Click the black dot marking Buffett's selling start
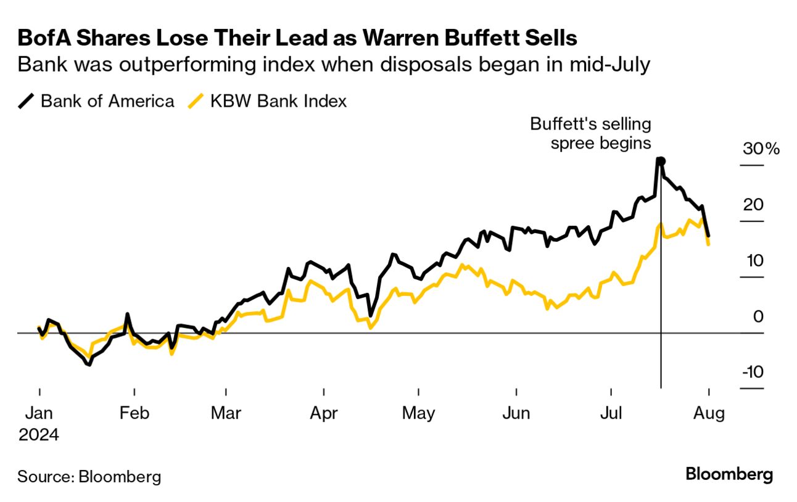tap(661, 161)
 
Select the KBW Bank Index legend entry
tap(268, 101)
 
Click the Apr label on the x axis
tap(323, 413)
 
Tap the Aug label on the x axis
tap(708, 413)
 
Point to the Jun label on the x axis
tap(516, 413)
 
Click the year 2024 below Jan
tap(38, 434)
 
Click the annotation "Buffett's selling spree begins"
tap(590, 134)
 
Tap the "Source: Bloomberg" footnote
tap(89, 476)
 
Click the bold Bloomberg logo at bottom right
tap(729, 475)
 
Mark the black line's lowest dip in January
tap(89, 364)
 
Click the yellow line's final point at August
tap(708, 244)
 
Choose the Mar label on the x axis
tap(226, 413)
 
